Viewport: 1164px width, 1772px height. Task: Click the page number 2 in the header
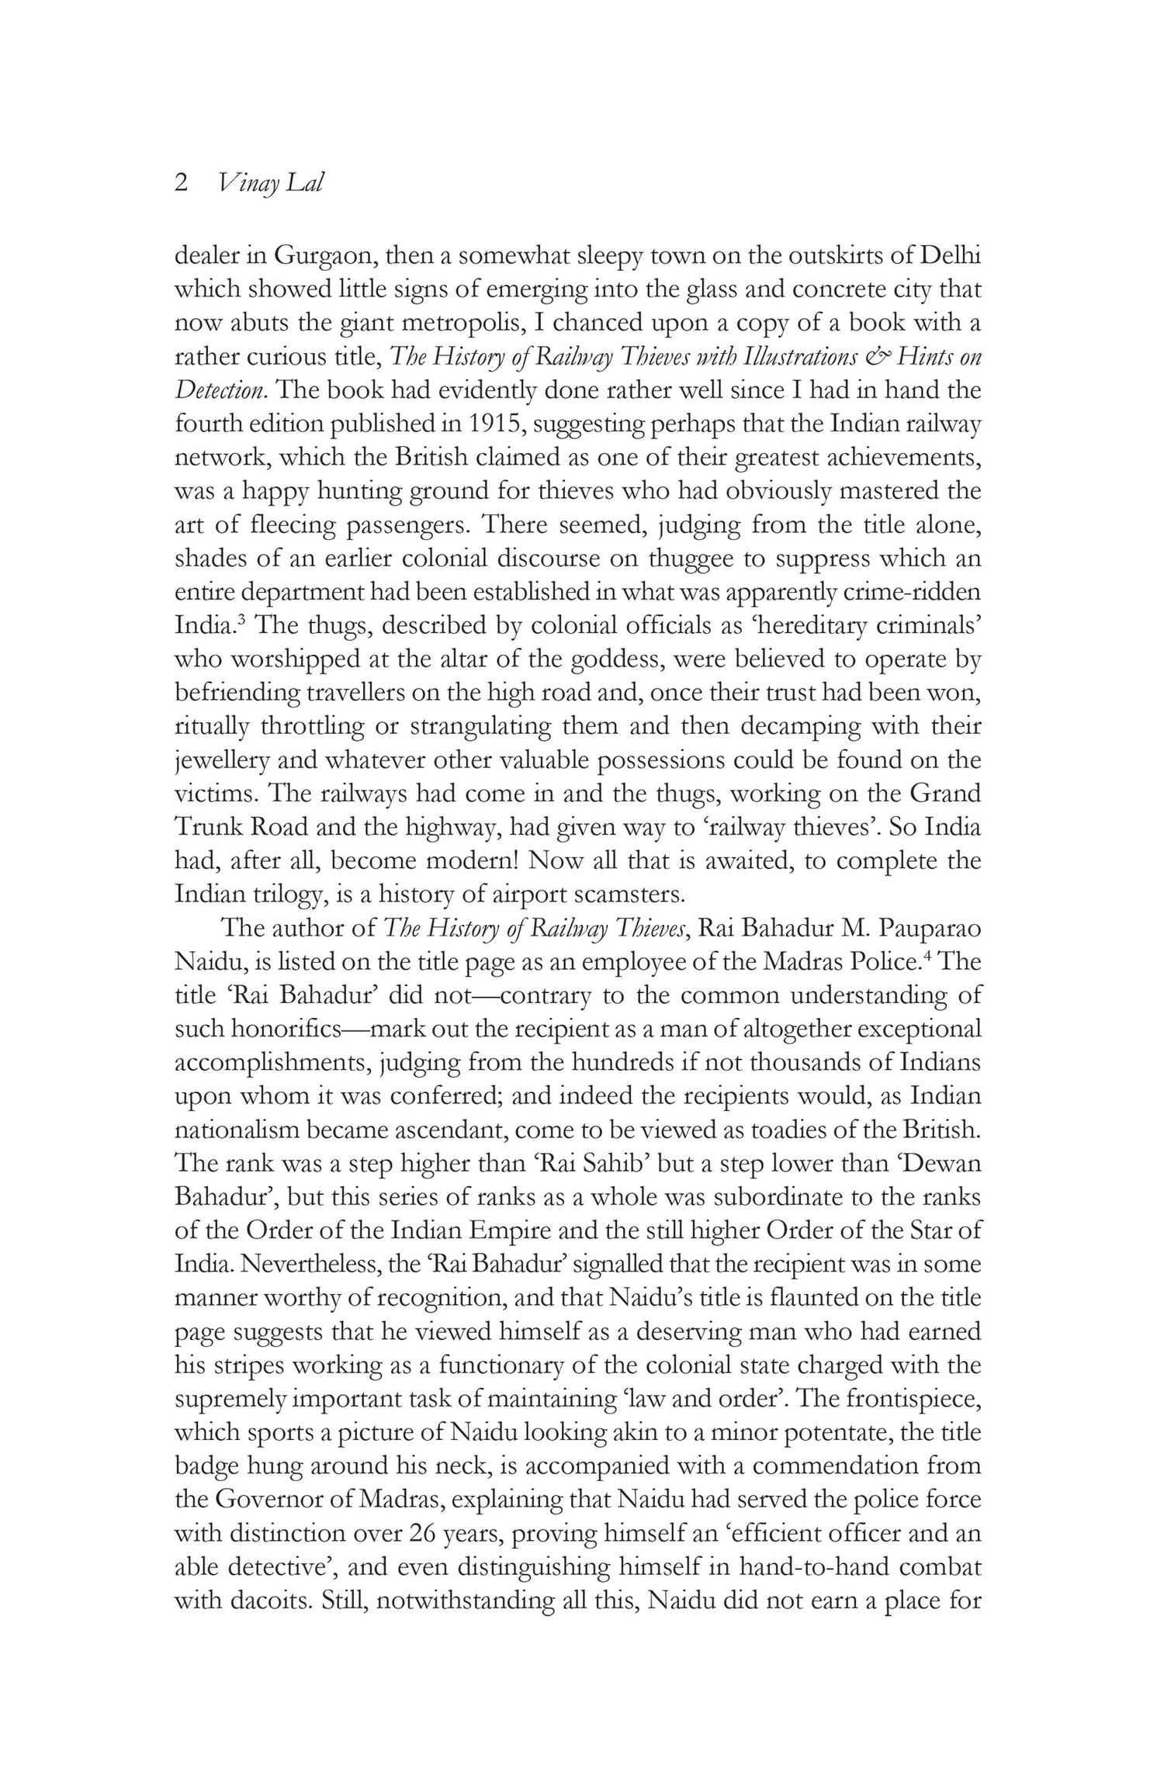[x=182, y=184]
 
